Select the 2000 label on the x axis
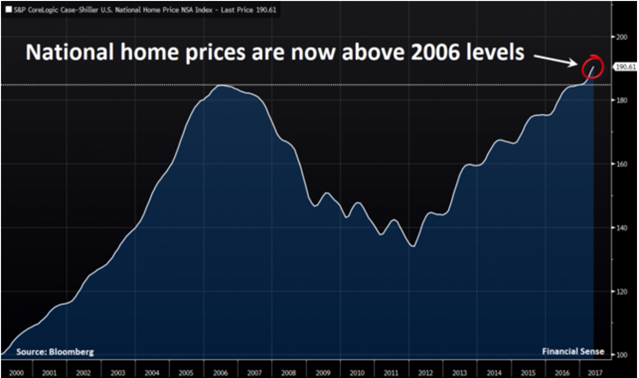click(16, 372)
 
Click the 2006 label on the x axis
click(221, 372)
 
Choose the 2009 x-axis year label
click(323, 372)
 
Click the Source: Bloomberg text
click(55, 352)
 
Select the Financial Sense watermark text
click(573, 352)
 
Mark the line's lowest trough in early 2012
click(413, 246)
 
